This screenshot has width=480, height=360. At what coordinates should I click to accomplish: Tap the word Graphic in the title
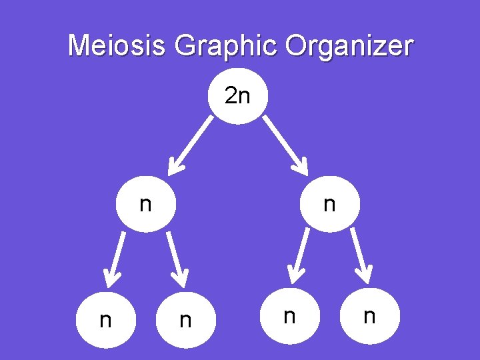225,47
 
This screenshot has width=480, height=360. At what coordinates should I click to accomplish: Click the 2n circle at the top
238,97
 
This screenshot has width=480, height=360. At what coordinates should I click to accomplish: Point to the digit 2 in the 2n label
231,97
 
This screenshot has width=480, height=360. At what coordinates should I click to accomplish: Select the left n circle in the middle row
146,204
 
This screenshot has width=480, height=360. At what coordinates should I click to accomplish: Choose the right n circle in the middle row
329,204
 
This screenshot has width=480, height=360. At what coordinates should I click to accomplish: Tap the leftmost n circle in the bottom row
105,321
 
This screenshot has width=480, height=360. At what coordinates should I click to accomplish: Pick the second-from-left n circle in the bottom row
186,321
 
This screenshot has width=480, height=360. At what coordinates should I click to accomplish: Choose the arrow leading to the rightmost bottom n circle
361,255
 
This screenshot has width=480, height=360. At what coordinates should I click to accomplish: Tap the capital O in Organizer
298,46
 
